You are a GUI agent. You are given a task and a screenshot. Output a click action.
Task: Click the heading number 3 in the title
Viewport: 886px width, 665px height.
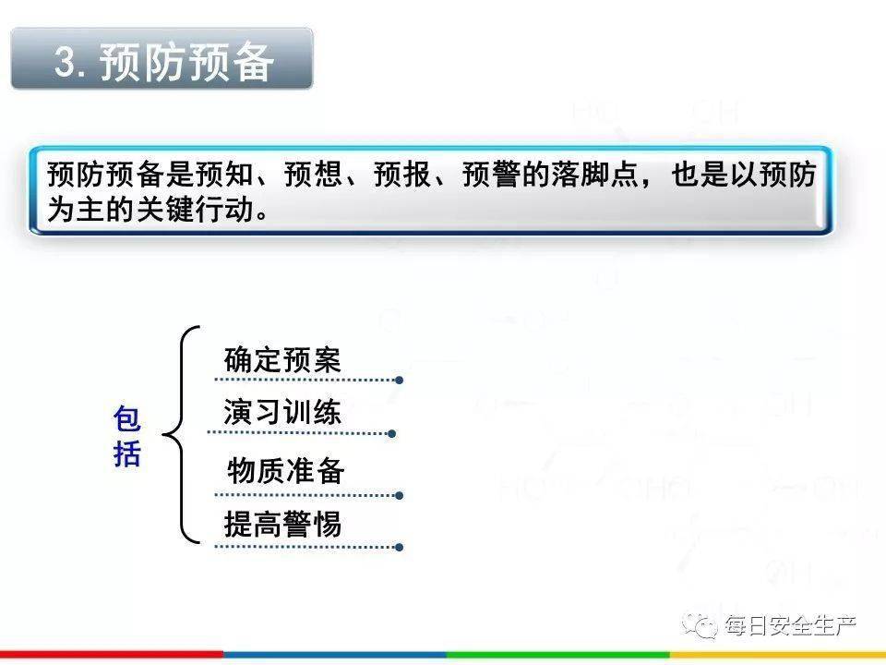pos(66,61)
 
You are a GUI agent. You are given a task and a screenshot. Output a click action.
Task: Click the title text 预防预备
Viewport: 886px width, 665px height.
pos(187,61)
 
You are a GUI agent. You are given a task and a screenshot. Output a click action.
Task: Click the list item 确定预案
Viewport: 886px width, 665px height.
pos(282,359)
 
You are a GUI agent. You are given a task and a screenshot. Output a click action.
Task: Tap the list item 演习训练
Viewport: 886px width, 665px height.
pos(282,412)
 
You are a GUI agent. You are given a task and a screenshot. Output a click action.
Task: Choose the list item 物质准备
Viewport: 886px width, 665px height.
pos(285,470)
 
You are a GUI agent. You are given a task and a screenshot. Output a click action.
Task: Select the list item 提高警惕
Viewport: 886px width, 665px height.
pos(282,524)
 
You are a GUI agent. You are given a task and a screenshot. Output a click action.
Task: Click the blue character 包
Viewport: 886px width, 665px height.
pos(126,418)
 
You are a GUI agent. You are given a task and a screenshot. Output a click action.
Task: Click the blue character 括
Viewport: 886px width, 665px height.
pos(126,453)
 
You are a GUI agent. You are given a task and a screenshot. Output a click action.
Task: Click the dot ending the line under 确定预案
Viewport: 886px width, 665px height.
pos(400,380)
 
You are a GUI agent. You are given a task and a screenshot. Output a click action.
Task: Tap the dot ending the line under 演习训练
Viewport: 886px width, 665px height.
pos(392,434)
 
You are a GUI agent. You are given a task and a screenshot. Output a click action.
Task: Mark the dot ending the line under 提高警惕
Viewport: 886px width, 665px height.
pos(400,548)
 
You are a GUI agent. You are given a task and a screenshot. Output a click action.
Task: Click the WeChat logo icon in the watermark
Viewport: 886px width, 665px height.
pos(700,625)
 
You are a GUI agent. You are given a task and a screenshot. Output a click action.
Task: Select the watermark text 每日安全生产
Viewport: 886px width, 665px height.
pos(790,626)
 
